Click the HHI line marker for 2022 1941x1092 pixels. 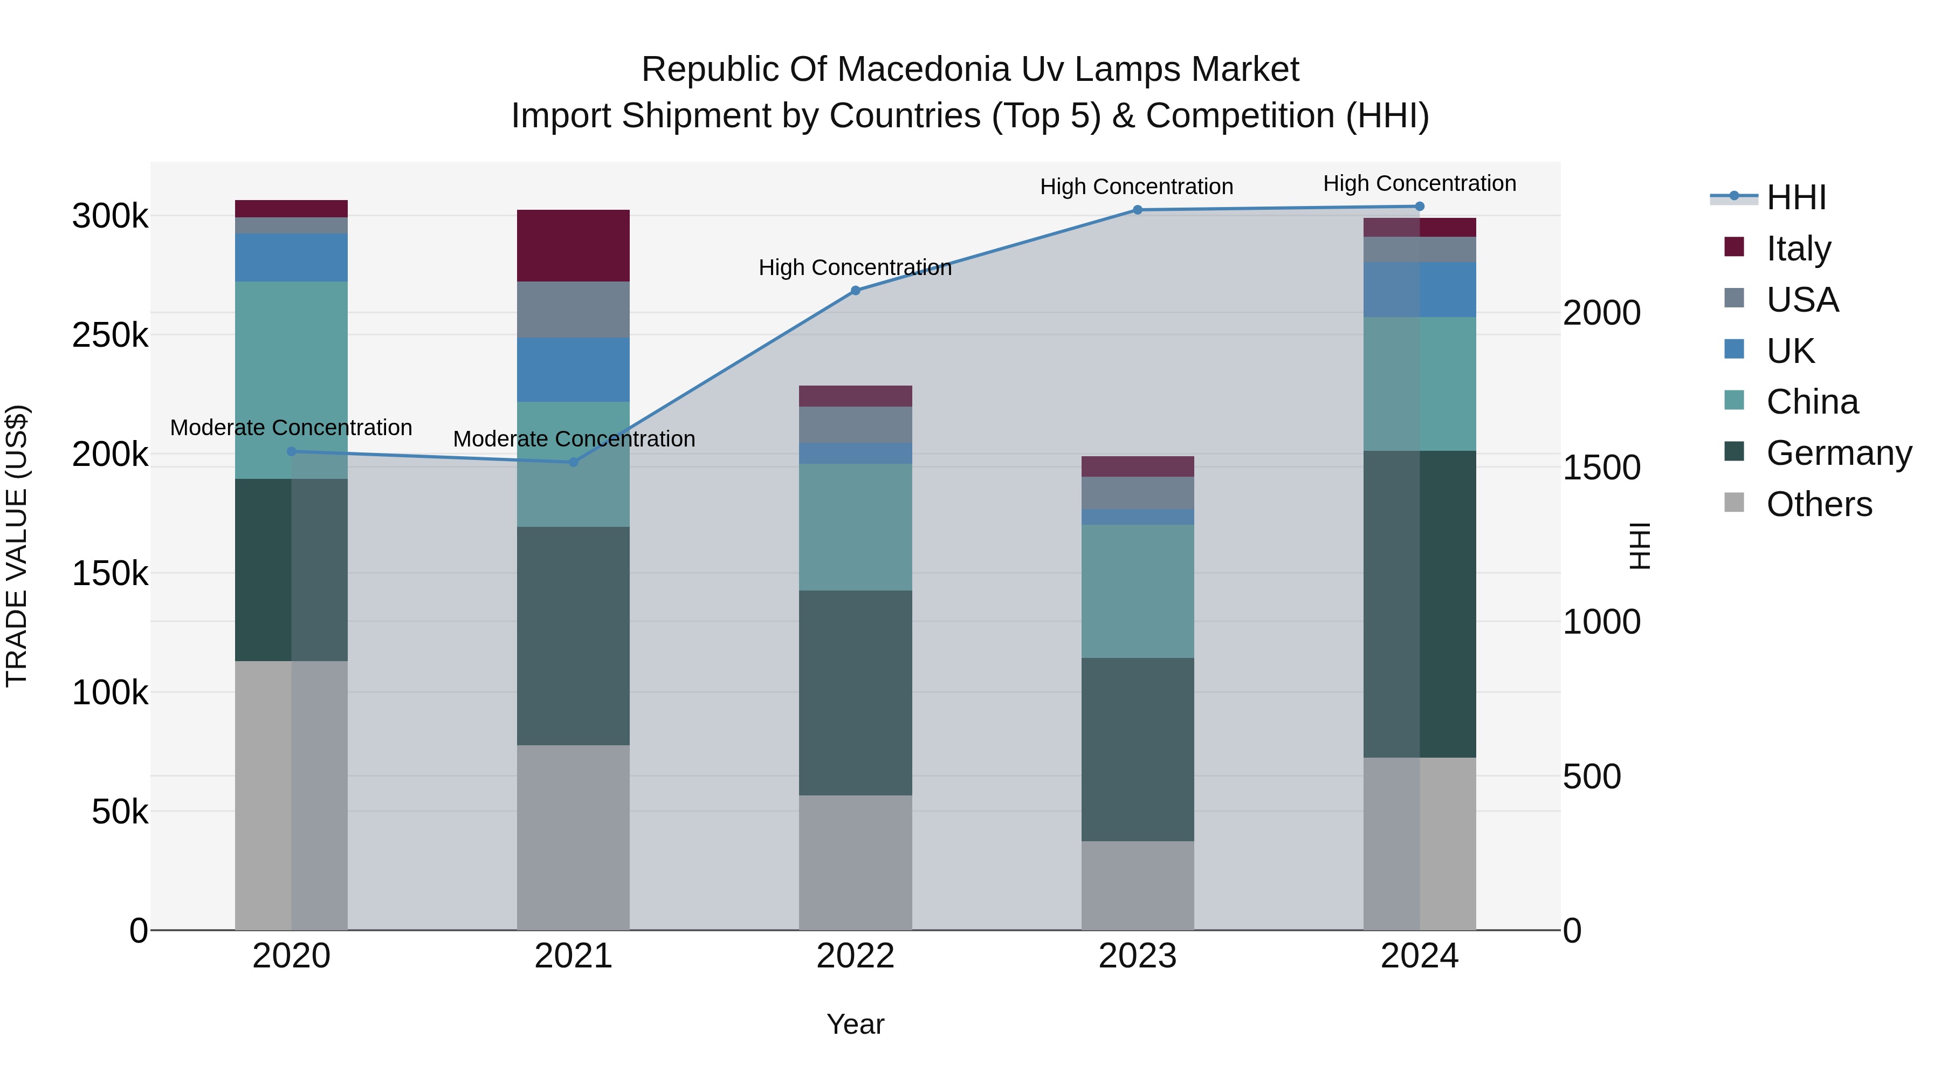pyautogui.click(x=855, y=290)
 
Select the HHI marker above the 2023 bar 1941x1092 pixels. pyautogui.click(x=1138, y=210)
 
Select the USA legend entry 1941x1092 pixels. pyautogui.click(x=1801, y=300)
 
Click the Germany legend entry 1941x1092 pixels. pyautogui.click(x=1838, y=453)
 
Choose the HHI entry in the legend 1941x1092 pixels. pyautogui.click(x=1795, y=197)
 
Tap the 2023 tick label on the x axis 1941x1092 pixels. pyautogui.click(x=1137, y=956)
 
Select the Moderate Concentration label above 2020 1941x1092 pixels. pyautogui.click(x=291, y=427)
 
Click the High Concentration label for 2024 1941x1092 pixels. pyautogui.click(x=1420, y=183)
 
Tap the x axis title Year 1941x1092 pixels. pyautogui.click(x=855, y=1024)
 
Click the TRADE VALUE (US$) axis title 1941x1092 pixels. pyautogui.click(x=17, y=546)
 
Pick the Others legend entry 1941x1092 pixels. pyautogui.click(x=1818, y=504)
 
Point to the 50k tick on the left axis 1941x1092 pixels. pyautogui.click(x=119, y=812)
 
